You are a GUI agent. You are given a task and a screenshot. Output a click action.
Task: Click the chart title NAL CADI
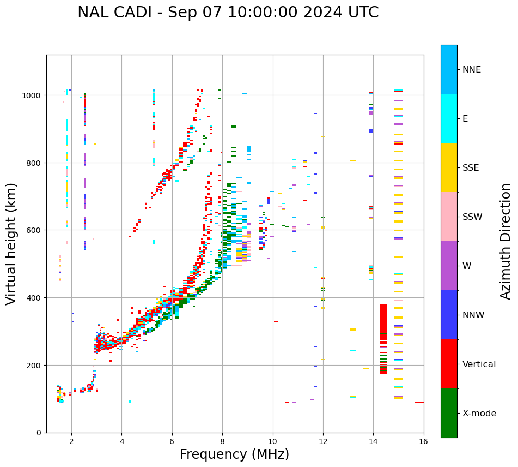coord(228,13)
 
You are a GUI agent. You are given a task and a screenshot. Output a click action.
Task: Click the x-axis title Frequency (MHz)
coord(234,454)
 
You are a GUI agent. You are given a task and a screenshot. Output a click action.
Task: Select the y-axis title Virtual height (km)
coord(11,243)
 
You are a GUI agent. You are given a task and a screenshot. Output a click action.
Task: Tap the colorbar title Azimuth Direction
coord(506,241)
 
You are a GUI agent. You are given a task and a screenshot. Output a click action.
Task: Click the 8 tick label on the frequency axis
coord(222,442)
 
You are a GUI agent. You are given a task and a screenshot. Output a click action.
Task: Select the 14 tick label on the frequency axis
coord(373,442)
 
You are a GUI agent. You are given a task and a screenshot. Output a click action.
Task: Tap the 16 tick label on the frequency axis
coord(423,442)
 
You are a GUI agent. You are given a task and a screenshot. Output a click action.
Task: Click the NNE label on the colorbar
coord(472,70)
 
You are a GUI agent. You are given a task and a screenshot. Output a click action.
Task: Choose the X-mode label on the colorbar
coord(479,414)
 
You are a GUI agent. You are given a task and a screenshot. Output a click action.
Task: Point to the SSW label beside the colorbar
coord(472,217)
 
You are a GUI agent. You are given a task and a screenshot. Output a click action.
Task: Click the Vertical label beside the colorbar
coord(479,364)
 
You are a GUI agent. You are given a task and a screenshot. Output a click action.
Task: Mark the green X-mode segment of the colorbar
coord(449,413)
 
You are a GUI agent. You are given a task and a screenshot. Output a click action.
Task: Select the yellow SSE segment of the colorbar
coord(449,167)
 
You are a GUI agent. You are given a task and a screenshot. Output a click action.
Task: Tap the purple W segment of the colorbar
coord(449,266)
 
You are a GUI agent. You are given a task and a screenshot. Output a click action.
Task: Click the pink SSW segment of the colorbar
coord(449,217)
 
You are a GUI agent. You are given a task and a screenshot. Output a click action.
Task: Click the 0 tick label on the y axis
coord(39,433)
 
